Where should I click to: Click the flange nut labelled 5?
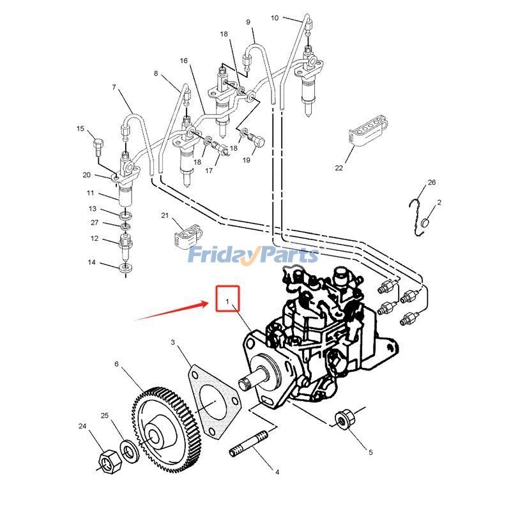pos(345,419)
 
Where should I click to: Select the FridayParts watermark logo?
pos(253,256)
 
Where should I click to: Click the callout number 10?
pos(275,18)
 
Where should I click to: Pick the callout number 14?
pos(91,263)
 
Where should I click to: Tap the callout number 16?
pos(183,61)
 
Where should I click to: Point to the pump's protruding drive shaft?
pos(253,377)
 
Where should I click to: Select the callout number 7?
pos(114,87)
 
